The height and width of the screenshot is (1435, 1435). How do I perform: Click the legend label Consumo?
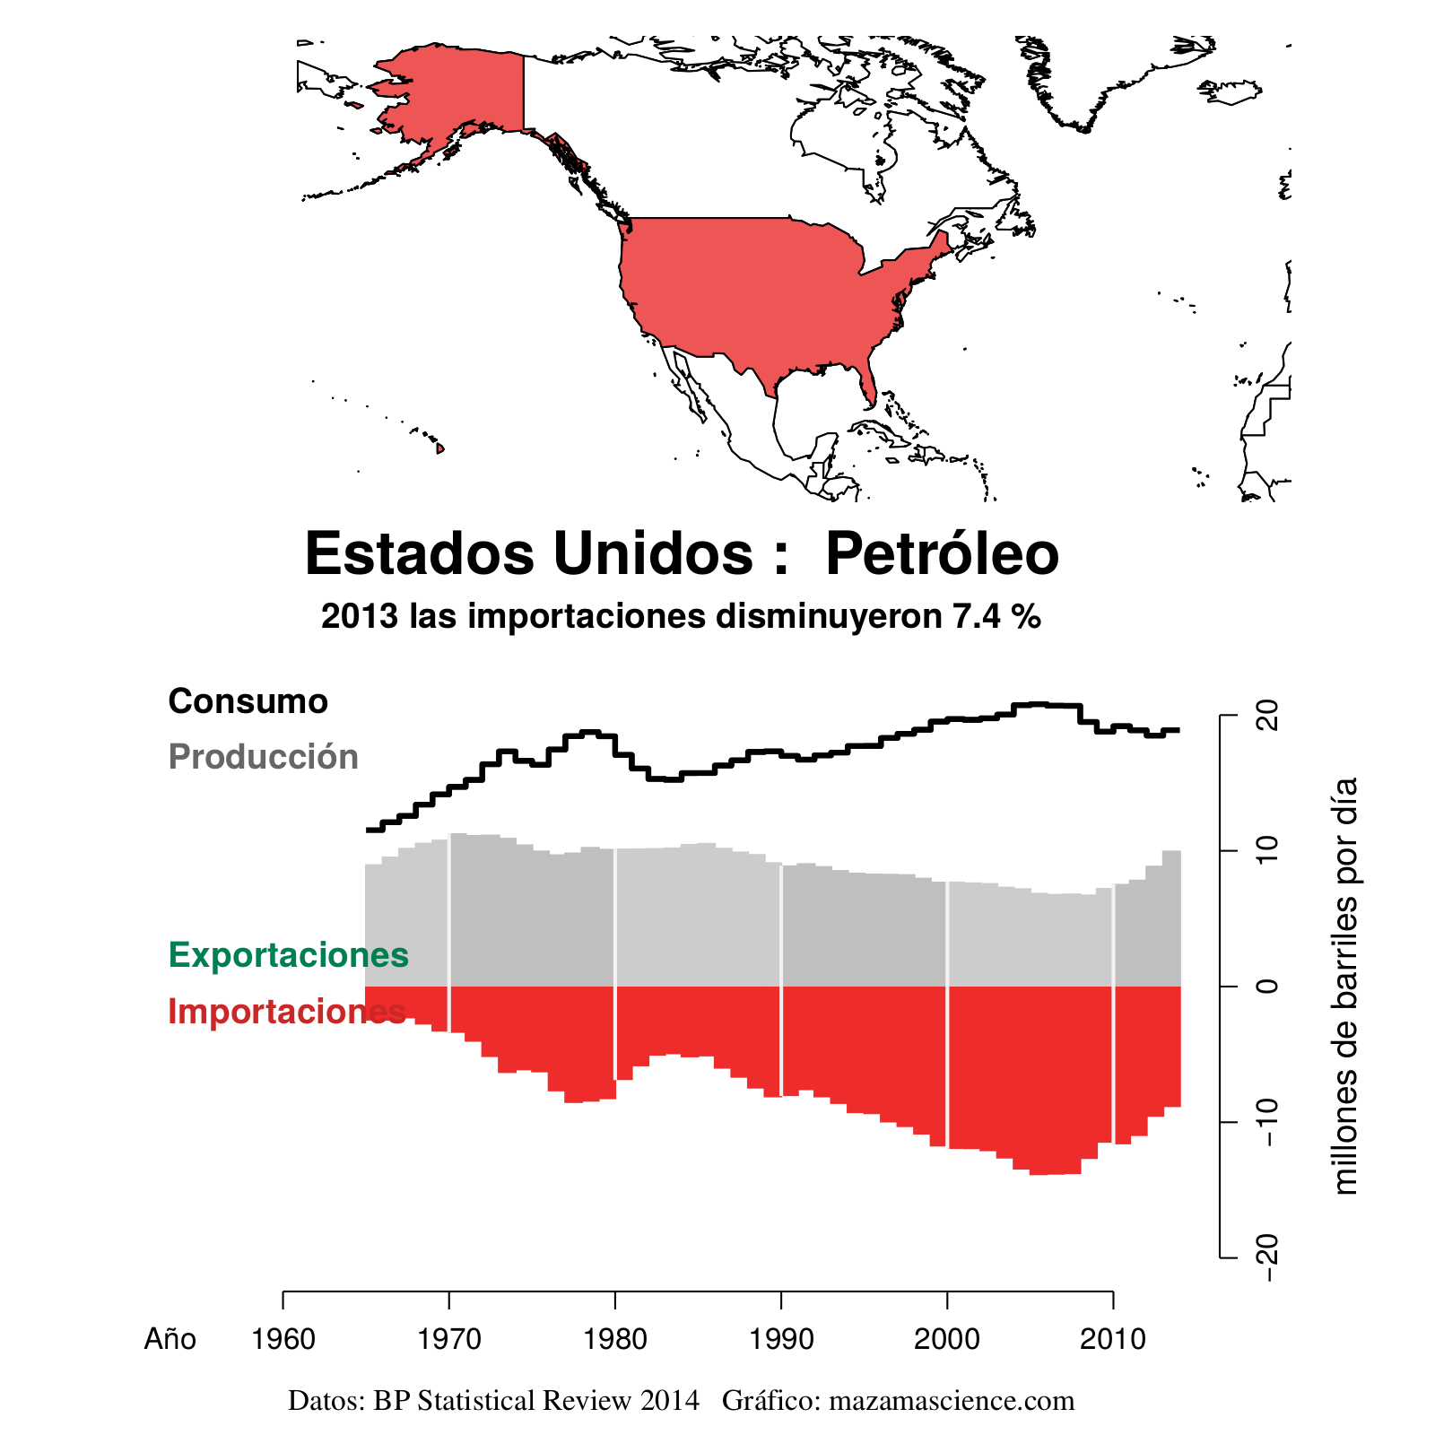coord(248,701)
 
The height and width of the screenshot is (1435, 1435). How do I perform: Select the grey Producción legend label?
coord(263,757)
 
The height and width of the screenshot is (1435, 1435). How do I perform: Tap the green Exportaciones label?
coord(288,955)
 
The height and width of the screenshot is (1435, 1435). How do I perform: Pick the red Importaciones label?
coord(286,1012)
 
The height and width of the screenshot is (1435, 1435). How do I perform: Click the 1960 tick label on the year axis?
coord(283,1340)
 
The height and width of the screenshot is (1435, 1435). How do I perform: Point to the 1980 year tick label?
coord(614,1340)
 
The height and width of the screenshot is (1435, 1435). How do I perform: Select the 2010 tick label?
coord(1112,1340)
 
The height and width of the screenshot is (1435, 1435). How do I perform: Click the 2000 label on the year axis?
coord(946,1340)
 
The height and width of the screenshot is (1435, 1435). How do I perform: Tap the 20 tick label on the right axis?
coord(1266,717)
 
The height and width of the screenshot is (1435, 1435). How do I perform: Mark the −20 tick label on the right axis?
coord(1266,1257)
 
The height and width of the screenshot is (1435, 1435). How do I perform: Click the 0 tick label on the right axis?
coord(1266,987)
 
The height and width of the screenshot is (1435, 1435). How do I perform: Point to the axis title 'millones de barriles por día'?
coord(1345,987)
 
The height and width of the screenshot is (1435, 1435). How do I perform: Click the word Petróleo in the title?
coord(942,554)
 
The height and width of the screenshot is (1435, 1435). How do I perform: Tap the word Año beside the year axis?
coord(170,1340)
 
